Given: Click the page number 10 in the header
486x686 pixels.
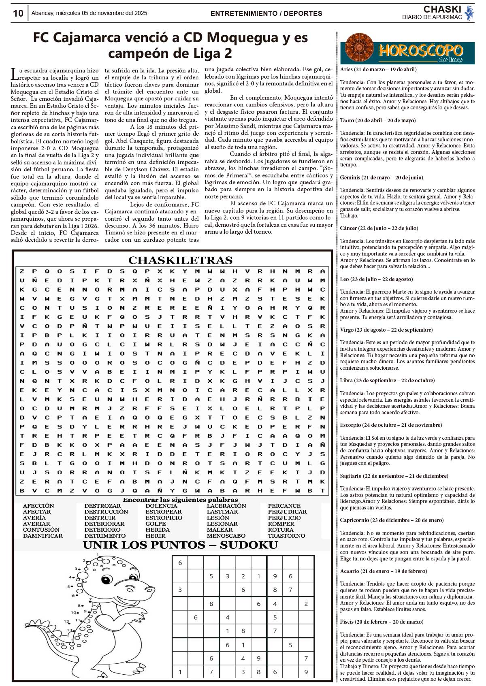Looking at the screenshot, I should (18, 13).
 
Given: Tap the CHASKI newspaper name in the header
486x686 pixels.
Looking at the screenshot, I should (442, 9).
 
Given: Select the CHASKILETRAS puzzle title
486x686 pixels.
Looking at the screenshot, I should (180, 260).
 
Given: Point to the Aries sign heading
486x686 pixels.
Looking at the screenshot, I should (378, 70).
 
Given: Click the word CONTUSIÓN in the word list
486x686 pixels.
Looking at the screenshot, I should (41, 530).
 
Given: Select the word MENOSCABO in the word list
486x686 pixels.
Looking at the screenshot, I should (226, 536).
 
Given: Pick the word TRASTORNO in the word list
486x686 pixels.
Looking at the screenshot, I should (286, 536).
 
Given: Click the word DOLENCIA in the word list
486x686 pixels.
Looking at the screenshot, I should (161, 506).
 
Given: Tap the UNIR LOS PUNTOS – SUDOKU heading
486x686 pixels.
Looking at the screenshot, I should (180, 545).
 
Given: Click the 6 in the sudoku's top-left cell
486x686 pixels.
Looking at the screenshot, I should (180, 562).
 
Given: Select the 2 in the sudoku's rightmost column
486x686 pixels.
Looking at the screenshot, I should (306, 604).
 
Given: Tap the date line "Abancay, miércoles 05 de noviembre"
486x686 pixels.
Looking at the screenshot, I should (89, 13).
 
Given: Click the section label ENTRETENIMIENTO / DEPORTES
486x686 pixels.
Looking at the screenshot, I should (266, 13).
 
